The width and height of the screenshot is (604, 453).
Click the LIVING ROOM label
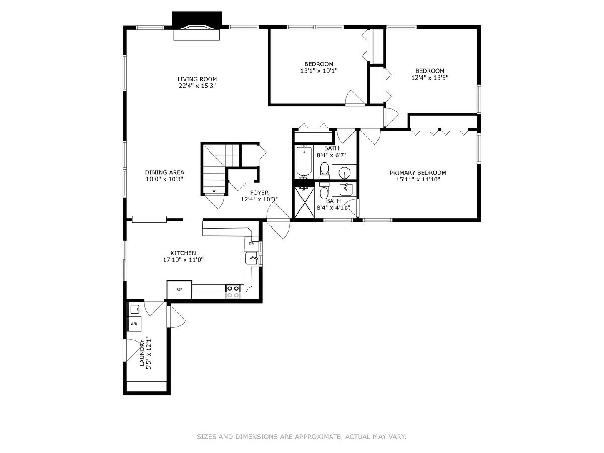[x=197, y=79]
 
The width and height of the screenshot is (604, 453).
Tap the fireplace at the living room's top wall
[x=197, y=26]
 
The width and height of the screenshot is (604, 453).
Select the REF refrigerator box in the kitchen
[x=179, y=289]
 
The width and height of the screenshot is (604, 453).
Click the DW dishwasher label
[x=252, y=243]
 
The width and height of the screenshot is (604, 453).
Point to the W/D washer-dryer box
[x=134, y=324]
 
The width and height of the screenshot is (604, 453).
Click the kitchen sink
[x=251, y=258]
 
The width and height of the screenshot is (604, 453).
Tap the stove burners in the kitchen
[x=233, y=292]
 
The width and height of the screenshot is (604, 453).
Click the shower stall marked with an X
[x=305, y=202]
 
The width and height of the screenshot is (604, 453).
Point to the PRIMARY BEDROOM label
[x=418, y=173]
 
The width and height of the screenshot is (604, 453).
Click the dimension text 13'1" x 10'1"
[x=319, y=71]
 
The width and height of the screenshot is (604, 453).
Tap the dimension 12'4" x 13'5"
[x=430, y=78]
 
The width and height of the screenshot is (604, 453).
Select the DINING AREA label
[x=165, y=173]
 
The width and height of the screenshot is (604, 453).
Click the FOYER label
[x=259, y=193]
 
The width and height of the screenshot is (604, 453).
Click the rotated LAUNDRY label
[x=142, y=353]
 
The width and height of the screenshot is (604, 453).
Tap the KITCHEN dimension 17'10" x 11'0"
[x=183, y=260]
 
